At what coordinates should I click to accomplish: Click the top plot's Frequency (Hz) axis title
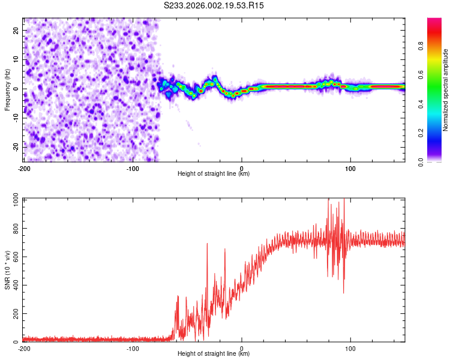click(7, 89)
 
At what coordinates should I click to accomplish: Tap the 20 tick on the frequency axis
click(16, 30)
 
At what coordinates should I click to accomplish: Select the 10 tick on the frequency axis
click(16, 59)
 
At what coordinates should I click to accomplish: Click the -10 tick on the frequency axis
click(15, 118)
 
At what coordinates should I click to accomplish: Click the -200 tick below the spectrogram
click(24, 168)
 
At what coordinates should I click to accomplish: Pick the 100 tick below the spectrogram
click(350, 168)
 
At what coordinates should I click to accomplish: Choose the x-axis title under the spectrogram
click(214, 174)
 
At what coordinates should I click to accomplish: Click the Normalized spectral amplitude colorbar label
click(446, 90)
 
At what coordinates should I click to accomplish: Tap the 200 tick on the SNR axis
click(14, 314)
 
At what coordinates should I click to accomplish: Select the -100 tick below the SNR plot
click(133, 349)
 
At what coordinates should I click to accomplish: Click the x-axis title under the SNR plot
click(214, 355)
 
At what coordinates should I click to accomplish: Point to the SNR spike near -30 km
click(207, 244)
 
